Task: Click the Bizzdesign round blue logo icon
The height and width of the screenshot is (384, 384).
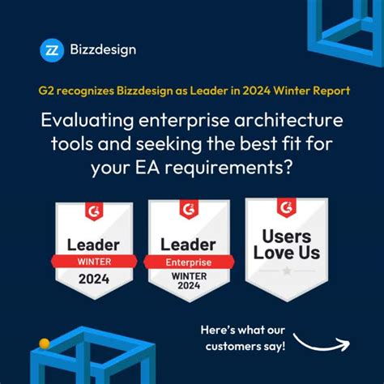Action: pos(52,50)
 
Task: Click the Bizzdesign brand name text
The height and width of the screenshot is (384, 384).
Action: pos(102,50)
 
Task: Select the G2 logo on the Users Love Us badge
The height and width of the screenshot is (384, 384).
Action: pos(286,207)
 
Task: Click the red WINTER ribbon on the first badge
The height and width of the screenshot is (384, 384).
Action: pos(94,261)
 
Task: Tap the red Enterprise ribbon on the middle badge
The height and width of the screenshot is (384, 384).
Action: pos(189,261)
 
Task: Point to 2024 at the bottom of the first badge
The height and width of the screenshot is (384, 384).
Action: pos(94,279)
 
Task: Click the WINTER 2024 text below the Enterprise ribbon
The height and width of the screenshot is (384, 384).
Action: pos(189,279)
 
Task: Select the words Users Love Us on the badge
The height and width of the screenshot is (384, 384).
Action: pos(286,243)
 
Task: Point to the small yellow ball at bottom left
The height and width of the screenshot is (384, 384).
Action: pos(45,343)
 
